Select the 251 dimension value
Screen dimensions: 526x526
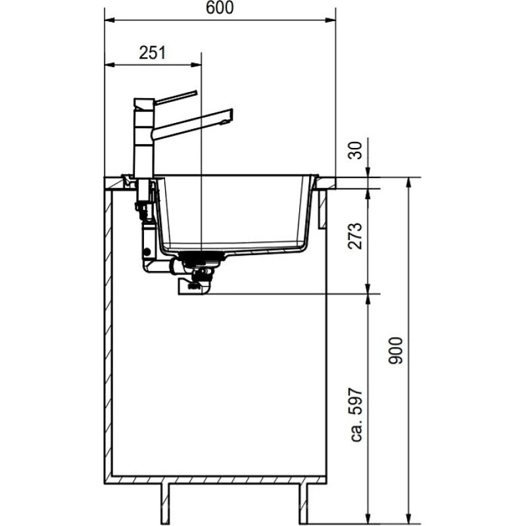pos(152,53)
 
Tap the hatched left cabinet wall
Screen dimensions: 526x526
pos(108,329)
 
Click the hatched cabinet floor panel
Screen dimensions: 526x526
pos(217,477)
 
